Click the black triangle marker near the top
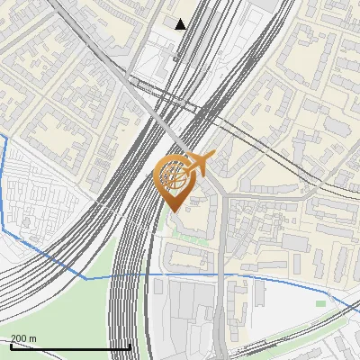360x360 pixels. (x=181, y=24)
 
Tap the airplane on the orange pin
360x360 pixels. (x=199, y=163)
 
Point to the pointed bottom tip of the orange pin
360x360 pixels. (x=172, y=211)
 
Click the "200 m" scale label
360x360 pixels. (x=23, y=337)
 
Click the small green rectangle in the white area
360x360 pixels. (x=320, y=303)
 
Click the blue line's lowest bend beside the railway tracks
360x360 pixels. (x=87, y=279)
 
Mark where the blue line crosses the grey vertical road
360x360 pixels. (x=221, y=274)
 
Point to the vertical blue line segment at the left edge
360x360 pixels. (x=4, y=180)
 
